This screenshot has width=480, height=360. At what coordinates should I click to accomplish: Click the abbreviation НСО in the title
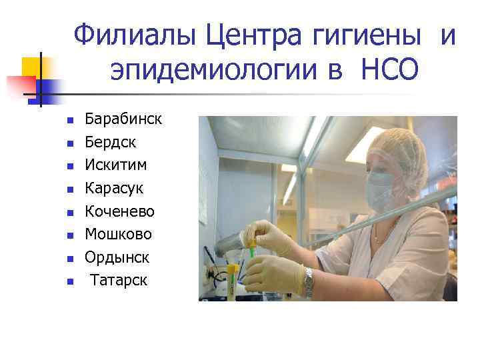tap(390, 69)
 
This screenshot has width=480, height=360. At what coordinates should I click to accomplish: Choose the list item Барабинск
tap(123, 119)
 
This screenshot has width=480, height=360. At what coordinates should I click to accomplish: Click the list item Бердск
tap(110, 142)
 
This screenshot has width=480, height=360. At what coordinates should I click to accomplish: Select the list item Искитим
tap(116, 165)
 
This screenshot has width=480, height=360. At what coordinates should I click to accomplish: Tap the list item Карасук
tap(114, 188)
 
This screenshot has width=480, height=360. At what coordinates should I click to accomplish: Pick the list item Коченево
tap(120, 211)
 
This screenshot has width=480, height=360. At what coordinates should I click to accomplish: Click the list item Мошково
tap(119, 234)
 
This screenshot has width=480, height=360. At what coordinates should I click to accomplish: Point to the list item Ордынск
tap(117, 257)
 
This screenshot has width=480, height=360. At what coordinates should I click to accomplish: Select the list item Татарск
tap(119, 280)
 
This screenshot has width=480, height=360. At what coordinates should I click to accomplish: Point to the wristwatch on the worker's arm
tap(309, 282)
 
